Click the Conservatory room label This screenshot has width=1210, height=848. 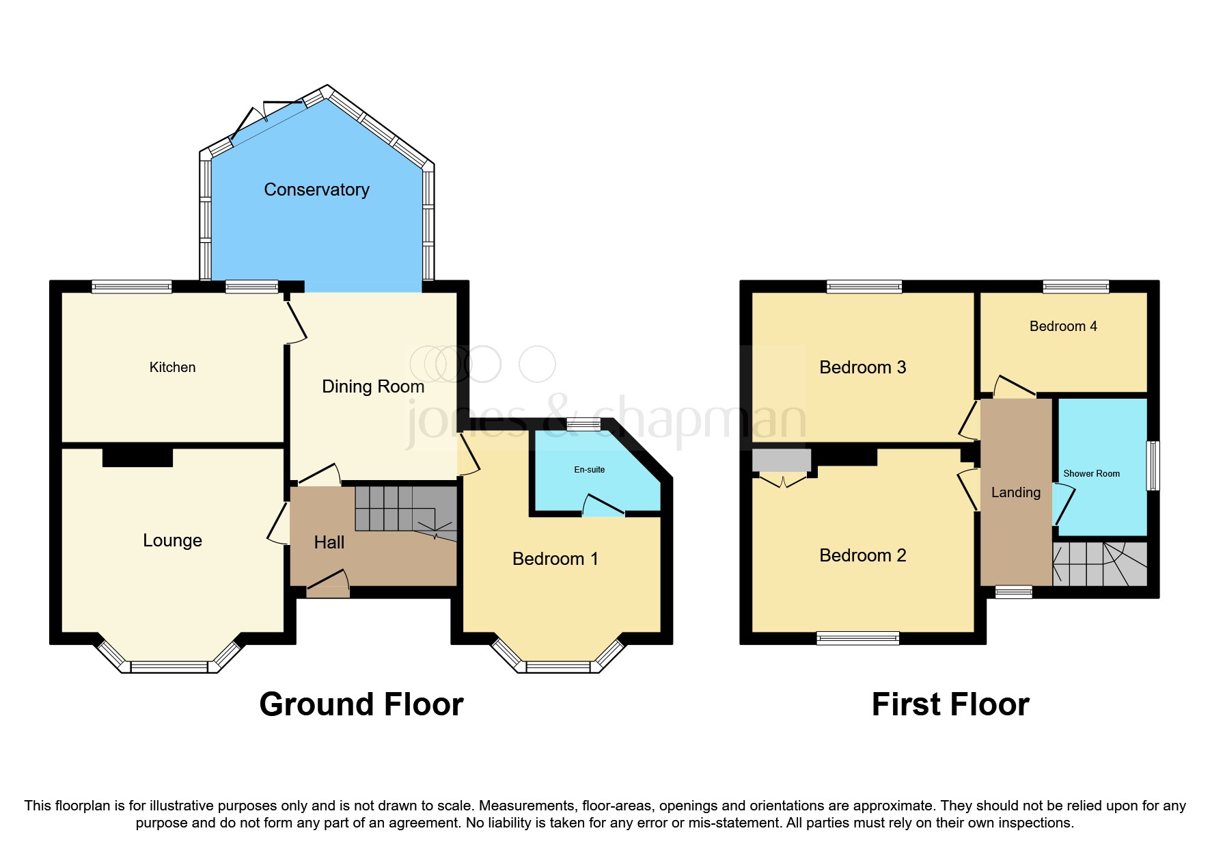point(316,189)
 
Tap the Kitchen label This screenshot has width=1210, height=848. point(172,367)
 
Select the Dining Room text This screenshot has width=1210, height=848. point(373,386)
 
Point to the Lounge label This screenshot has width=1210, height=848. point(172,540)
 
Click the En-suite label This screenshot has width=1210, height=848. point(589,470)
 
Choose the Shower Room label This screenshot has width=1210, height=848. point(1091,473)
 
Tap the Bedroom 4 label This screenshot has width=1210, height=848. point(1063,326)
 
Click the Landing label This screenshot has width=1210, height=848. point(1015,492)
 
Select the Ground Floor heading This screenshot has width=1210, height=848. point(361,704)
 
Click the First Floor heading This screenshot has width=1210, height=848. point(950,704)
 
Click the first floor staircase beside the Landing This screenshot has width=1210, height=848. point(1099,564)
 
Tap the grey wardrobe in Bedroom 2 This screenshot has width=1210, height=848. point(781,460)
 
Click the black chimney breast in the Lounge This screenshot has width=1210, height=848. point(137,456)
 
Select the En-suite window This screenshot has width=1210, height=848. point(583,425)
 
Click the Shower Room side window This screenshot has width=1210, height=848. point(1152,466)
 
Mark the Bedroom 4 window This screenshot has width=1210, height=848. point(1075,287)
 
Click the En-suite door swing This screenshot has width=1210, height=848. point(603,507)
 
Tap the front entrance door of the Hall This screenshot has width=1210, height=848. point(328,582)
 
